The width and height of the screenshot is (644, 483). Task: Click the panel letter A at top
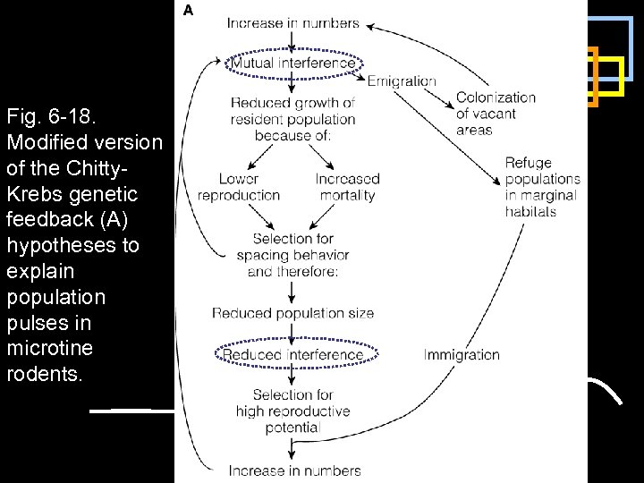tap(189, 11)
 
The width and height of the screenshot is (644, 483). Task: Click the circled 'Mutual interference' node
tap(293, 63)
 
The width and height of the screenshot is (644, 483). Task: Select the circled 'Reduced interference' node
tap(293, 355)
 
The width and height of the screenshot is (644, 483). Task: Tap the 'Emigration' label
tap(402, 80)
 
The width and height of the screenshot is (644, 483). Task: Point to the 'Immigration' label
tap(462, 355)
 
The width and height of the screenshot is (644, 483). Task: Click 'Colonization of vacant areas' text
tap(496, 114)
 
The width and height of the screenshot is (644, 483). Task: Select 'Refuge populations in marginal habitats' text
tap(542, 187)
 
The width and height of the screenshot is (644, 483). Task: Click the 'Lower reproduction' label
tap(238, 187)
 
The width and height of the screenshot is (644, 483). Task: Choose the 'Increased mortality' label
tap(347, 187)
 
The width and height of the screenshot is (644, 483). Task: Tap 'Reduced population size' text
tap(293, 313)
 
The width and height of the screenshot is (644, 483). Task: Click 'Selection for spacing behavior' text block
tap(293, 255)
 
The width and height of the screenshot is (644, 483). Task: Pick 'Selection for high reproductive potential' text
tap(293, 411)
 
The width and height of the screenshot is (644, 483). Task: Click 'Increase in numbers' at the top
tap(293, 23)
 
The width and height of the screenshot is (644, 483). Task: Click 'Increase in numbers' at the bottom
tap(293, 470)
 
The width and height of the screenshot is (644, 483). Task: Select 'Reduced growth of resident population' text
tap(293, 119)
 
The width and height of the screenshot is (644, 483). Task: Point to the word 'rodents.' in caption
tap(44, 374)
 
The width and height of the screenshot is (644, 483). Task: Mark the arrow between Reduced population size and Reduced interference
tap(293, 333)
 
